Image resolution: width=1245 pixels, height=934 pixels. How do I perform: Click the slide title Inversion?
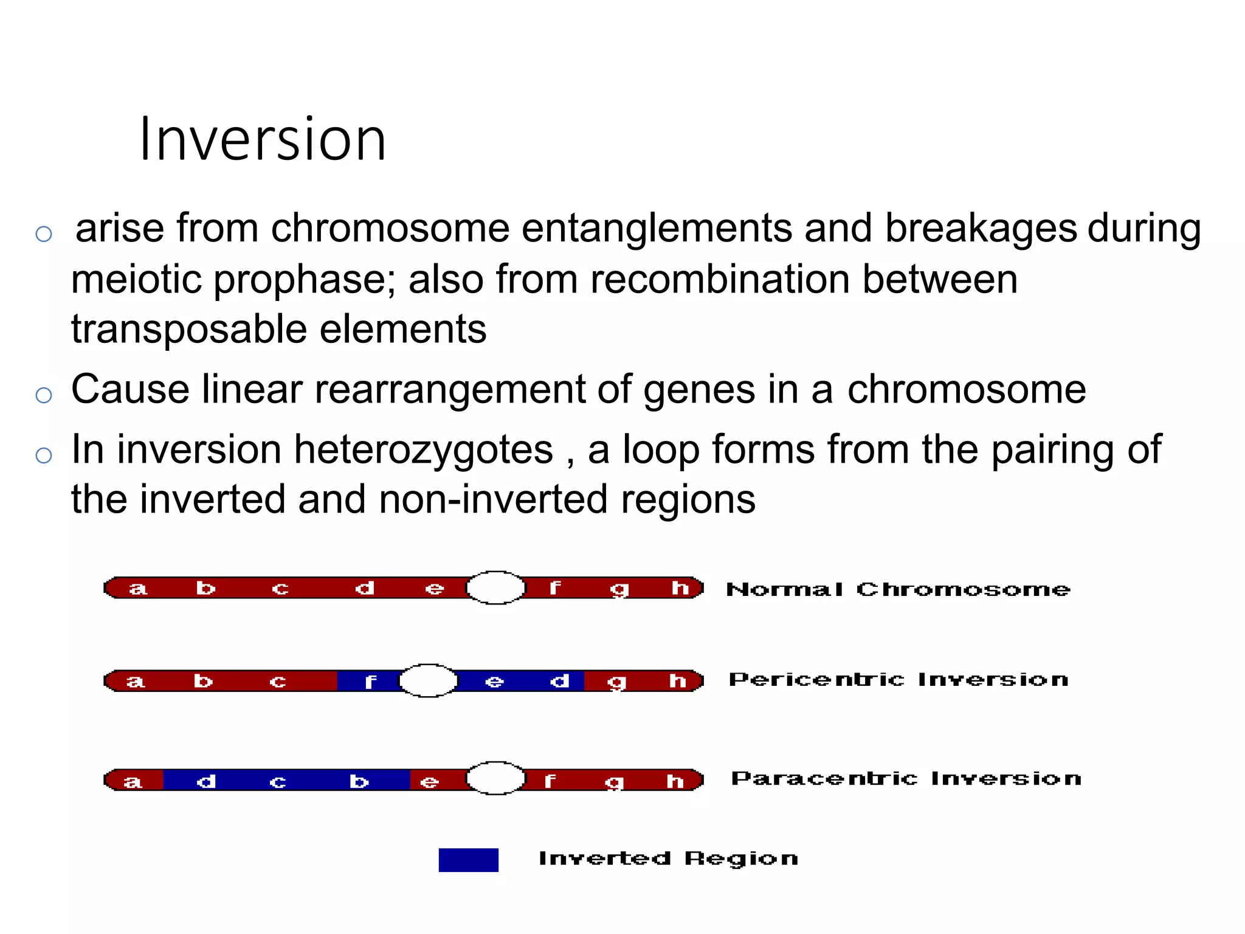click(x=263, y=140)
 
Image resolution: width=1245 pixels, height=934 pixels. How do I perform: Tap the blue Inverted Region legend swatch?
click(x=468, y=860)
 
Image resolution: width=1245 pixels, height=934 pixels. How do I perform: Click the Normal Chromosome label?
click(x=898, y=589)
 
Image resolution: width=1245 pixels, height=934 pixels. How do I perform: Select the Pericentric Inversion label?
click(x=898, y=679)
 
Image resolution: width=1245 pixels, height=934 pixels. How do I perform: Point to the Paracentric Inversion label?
click(x=906, y=778)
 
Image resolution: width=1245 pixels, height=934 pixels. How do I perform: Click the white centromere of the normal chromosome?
click(x=495, y=588)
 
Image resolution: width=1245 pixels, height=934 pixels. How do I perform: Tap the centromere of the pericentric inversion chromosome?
click(x=428, y=680)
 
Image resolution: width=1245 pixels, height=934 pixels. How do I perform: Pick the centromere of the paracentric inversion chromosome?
click(x=495, y=778)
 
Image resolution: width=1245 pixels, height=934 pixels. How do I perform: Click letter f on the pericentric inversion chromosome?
click(x=370, y=682)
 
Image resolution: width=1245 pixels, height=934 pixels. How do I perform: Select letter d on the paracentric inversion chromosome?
click(x=206, y=781)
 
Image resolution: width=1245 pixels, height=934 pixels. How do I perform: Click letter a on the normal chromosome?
click(x=138, y=589)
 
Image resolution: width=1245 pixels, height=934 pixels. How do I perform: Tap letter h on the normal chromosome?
click(x=680, y=588)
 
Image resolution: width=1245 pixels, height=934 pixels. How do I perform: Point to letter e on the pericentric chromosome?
click(x=494, y=682)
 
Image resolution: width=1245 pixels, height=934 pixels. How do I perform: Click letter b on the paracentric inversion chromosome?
click(x=359, y=781)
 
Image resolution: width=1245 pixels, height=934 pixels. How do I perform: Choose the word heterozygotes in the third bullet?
click(x=424, y=450)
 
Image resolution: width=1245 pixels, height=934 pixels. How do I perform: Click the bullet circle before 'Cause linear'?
click(x=44, y=395)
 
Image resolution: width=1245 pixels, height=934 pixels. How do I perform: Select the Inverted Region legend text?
click(x=668, y=859)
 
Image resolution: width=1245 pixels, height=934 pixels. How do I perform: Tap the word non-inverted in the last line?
click(x=493, y=500)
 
